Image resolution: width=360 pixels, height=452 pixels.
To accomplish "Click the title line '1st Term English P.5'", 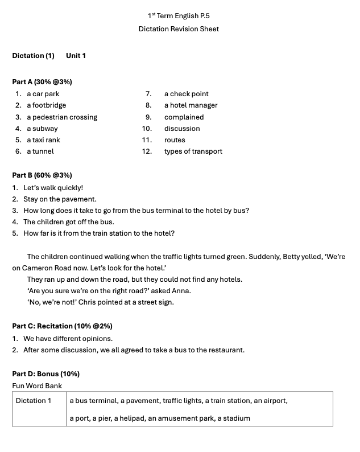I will pos(179,16).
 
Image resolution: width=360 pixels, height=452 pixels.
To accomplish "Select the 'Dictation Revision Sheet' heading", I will pos(179,29).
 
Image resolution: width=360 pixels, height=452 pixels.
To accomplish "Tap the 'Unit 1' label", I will pos(76,56).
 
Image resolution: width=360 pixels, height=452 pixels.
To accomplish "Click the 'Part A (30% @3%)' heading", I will pos(42,82).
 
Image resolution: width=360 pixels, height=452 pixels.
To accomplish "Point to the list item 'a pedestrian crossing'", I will pos(62,117).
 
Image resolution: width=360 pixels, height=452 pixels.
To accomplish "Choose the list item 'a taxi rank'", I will pos(43,140).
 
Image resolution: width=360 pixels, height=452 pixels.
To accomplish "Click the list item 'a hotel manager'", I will pos(191,105).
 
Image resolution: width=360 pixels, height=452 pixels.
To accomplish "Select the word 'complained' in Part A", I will pos(184,117).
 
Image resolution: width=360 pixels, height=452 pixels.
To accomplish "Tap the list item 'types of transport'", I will pos(193,151).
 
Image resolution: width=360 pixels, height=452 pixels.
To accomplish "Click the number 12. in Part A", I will pos(147,151).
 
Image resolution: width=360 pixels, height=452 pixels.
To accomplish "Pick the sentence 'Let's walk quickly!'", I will pos(53,188).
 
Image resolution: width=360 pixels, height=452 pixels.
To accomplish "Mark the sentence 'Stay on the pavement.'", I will pos(60,199).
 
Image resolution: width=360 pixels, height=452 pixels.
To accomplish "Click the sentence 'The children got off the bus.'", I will pos(68,222).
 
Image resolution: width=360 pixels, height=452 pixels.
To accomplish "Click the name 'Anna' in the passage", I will pos(181,291).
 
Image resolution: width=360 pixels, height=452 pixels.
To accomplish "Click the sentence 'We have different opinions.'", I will pos(68,339).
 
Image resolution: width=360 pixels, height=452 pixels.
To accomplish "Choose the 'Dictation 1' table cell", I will pos(34,401).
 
